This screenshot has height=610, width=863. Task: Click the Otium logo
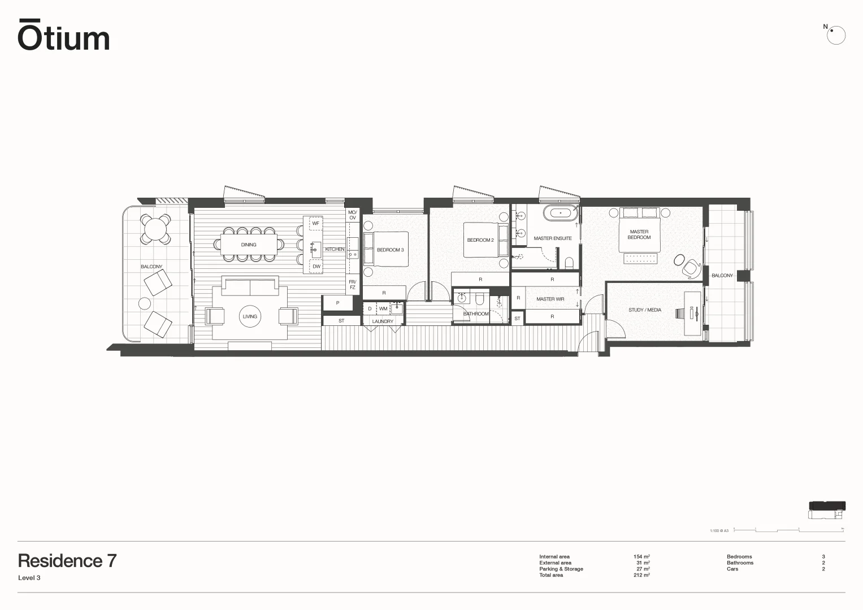click(x=63, y=36)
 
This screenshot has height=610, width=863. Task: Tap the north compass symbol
click(x=836, y=36)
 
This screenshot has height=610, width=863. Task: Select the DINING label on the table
click(x=249, y=245)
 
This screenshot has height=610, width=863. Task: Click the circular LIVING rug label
click(x=250, y=316)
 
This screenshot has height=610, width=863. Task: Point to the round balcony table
click(x=155, y=229)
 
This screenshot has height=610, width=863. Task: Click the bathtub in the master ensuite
click(x=560, y=213)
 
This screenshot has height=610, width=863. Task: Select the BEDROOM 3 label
click(x=390, y=250)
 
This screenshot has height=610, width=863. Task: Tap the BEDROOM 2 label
click(x=480, y=240)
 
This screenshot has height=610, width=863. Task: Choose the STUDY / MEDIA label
click(x=644, y=310)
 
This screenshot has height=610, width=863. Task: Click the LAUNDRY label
click(x=383, y=321)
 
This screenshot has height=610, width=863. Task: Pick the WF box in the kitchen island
click(x=316, y=224)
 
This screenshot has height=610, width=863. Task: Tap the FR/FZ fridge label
click(x=352, y=285)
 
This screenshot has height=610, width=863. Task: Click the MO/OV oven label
click(x=352, y=215)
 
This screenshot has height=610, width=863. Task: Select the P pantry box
click(x=337, y=303)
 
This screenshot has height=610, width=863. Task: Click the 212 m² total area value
click(x=641, y=575)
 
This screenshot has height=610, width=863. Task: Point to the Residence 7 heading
click(x=67, y=561)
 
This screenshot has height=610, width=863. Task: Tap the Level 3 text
click(x=29, y=578)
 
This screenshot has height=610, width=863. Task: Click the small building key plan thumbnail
click(x=827, y=509)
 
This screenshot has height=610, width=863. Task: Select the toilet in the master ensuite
click(x=569, y=263)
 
